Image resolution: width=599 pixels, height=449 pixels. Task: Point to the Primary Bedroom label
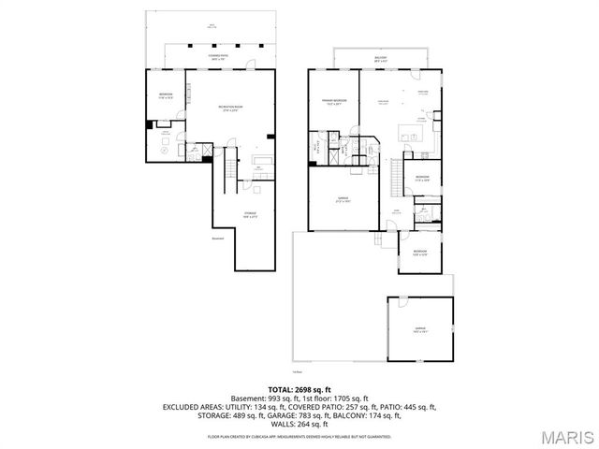[335, 101]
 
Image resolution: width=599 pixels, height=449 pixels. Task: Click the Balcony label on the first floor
[381, 58]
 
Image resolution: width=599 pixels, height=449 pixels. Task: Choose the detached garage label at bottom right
[420, 329]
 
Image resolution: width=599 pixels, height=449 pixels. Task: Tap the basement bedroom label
[166, 95]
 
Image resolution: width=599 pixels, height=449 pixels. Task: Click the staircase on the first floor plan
[397, 172]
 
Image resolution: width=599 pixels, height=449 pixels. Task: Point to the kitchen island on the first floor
[410, 128]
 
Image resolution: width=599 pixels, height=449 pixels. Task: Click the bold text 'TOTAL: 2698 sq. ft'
[299, 389]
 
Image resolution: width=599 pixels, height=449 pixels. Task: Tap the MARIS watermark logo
[566, 437]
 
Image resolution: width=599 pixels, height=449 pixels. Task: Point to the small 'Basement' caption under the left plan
[218, 248]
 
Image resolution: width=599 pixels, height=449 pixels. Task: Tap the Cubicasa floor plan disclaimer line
[299, 436]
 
